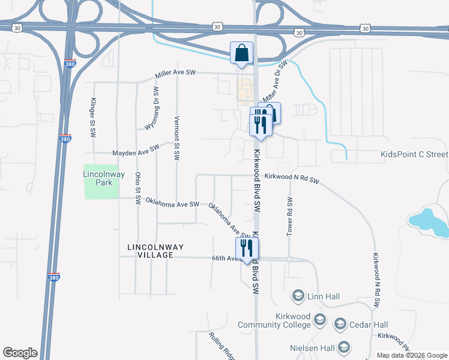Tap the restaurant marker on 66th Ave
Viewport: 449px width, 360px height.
point(247,248)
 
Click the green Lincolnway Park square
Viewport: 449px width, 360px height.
point(101,182)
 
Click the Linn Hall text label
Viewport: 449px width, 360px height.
point(325,295)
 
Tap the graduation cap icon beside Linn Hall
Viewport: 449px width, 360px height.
point(298,295)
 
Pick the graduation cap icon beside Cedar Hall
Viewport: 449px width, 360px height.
point(340,325)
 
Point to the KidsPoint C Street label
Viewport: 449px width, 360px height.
point(414,154)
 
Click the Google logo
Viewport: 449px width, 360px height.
point(20,353)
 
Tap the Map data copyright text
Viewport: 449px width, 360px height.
point(411,355)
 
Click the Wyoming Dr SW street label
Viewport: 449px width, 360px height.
point(152,108)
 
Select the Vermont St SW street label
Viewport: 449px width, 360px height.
point(177,137)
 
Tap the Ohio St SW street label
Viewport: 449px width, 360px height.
point(137,187)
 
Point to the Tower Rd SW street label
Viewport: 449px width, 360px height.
point(289,215)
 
